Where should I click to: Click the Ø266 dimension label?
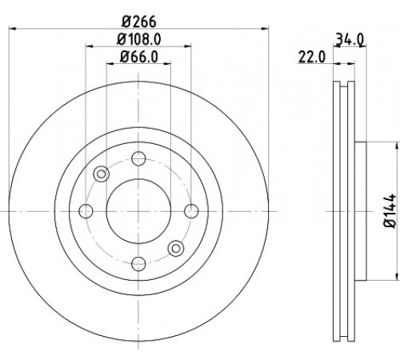coord(138,22)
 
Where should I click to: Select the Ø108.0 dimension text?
coord(139,39)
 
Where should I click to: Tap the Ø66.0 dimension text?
coord(139,57)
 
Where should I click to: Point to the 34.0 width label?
coord(350,39)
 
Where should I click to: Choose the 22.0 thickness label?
coord(312,57)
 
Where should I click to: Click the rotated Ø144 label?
coord(390,210)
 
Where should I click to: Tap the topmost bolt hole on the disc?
coord(138,158)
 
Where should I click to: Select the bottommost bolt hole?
coord(138,264)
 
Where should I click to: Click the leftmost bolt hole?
coord(86,211)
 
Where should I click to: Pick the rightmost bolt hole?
coord(191,211)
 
